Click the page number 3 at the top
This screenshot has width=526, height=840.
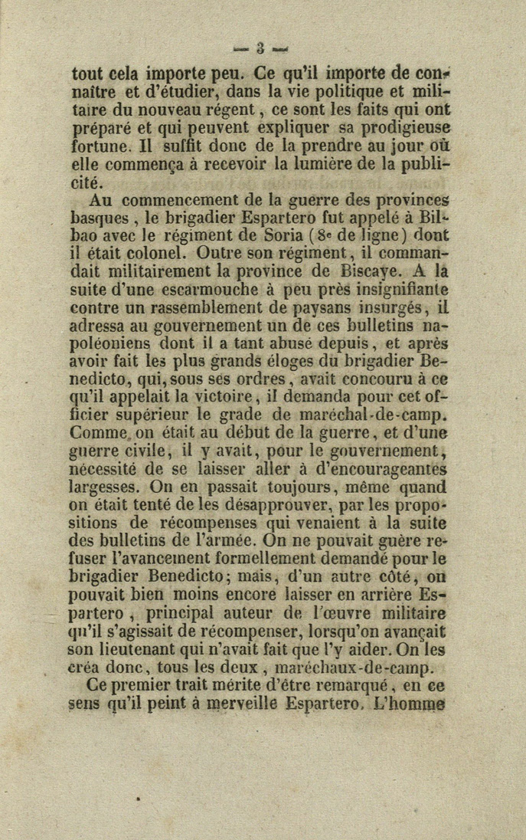[260, 51]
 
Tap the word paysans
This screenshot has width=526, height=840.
[348, 307]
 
